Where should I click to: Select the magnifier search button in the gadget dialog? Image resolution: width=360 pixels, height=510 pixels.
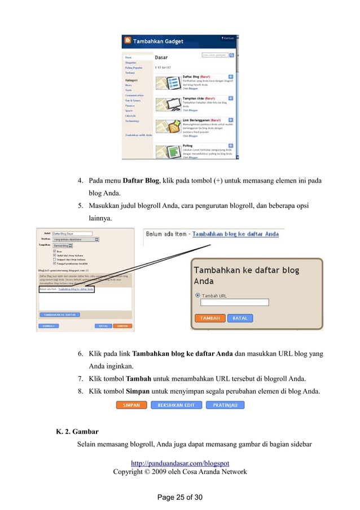click(x=238, y=55)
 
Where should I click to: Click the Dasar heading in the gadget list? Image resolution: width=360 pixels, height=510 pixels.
click(x=161, y=57)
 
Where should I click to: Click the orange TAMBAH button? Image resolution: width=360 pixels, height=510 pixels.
click(x=210, y=318)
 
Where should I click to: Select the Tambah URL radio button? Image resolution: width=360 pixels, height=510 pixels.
click(x=197, y=295)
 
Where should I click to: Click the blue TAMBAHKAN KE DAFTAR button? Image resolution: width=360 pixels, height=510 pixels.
click(x=59, y=315)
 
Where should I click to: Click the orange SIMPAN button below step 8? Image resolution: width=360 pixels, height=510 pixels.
click(x=131, y=405)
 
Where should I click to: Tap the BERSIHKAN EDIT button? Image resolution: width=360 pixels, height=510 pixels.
click(x=176, y=405)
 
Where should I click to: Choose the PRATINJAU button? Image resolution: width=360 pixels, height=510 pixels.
click(x=225, y=405)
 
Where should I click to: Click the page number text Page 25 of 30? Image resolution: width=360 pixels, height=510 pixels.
click(x=179, y=498)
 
